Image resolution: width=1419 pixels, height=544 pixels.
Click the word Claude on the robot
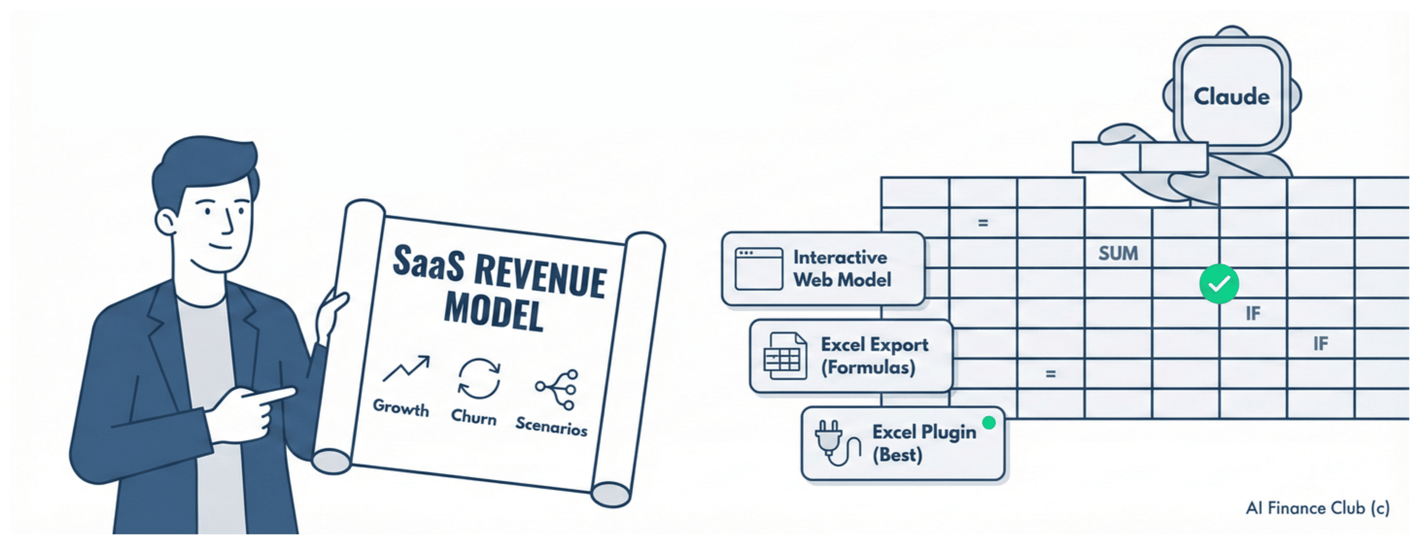coord(1232,96)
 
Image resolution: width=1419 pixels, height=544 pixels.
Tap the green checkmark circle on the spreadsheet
coord(1219,284)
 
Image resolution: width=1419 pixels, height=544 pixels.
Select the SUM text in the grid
coord(1118,254)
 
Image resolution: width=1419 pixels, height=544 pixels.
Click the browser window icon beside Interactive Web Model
coord(759,269)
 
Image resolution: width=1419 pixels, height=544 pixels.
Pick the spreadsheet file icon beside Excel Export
coord(785,356)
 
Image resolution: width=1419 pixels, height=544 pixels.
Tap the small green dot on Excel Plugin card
coord(989,423)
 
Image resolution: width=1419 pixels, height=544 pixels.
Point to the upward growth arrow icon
coord(406,369)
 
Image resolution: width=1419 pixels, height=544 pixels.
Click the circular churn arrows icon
coord(479,378)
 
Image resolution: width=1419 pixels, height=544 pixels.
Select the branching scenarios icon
coord(557,389)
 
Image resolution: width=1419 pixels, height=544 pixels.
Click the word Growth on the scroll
coord(401,407)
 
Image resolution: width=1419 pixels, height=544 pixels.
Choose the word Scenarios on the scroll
coord(552,426)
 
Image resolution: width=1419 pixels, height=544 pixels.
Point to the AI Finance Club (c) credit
coord(1317,509)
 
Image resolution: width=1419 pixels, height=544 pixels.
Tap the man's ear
coord(165,222)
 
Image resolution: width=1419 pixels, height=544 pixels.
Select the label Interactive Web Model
coord(842,268)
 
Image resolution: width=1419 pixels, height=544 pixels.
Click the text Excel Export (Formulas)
coord(874,356)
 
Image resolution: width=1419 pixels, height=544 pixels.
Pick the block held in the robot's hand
coord(1140,157)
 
